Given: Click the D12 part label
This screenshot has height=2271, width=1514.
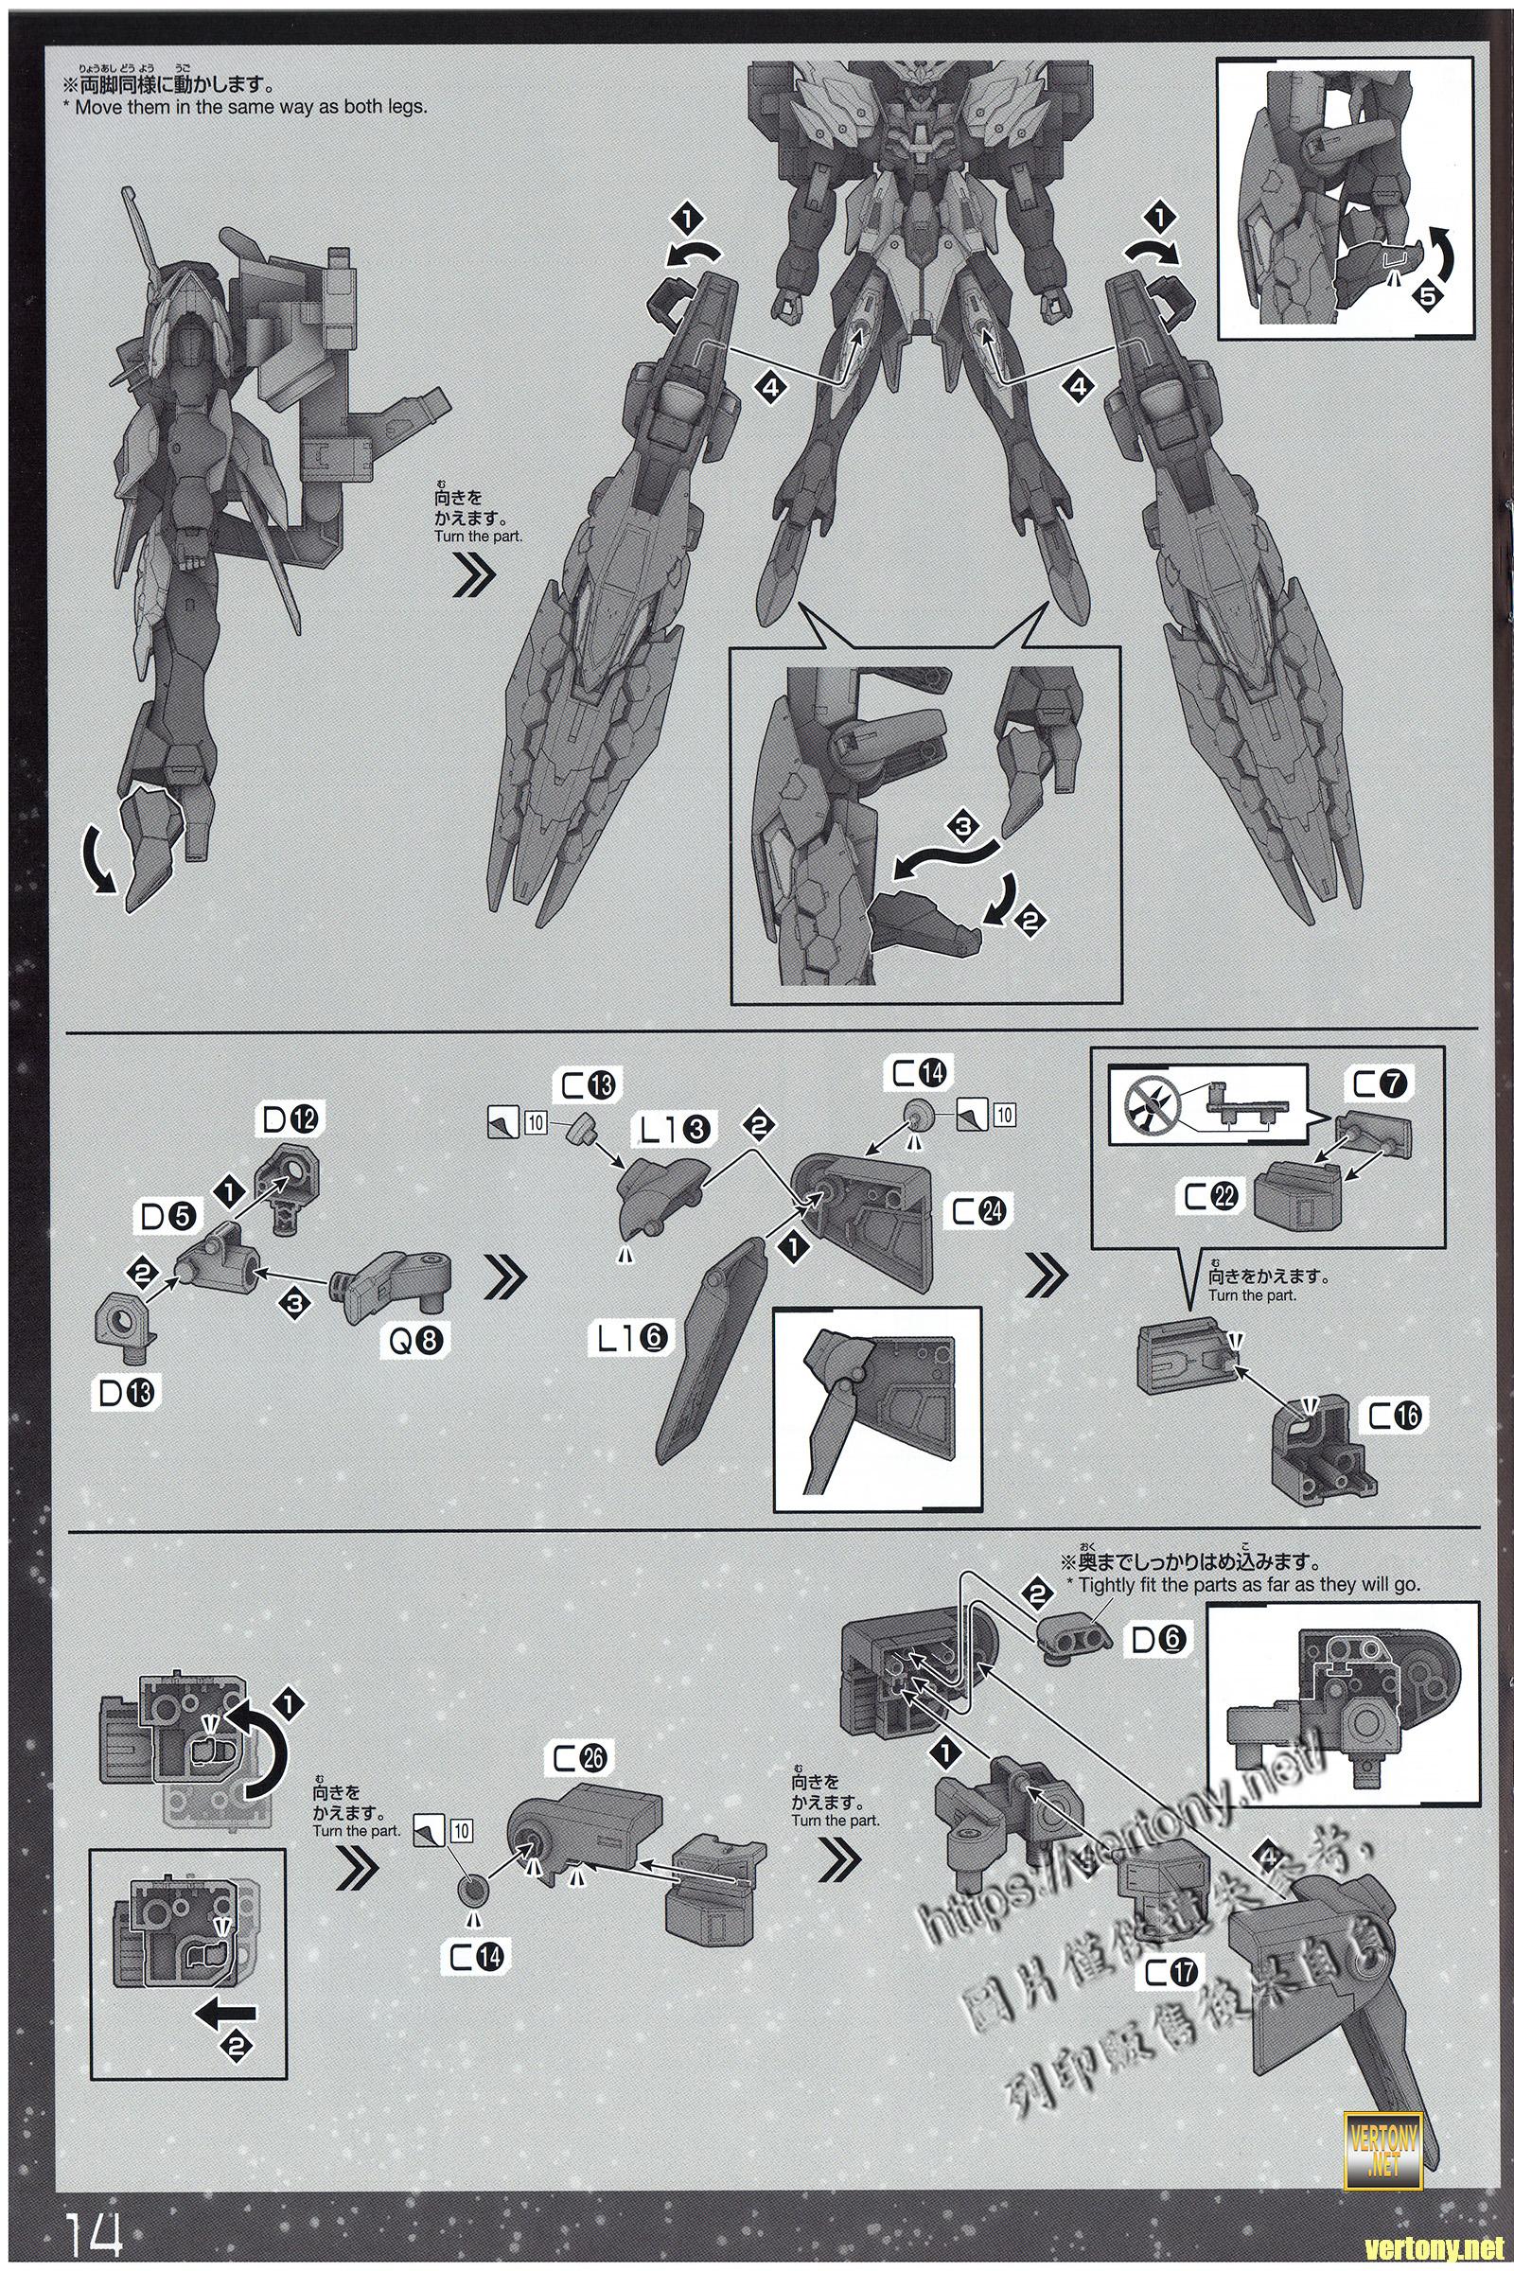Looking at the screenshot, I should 289,1120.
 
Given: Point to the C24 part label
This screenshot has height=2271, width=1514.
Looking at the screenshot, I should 977,1212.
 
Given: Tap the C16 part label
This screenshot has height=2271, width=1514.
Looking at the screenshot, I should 1395,1416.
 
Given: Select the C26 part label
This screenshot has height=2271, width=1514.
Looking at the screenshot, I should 579,1757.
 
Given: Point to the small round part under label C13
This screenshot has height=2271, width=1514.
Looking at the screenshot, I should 584,1127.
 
